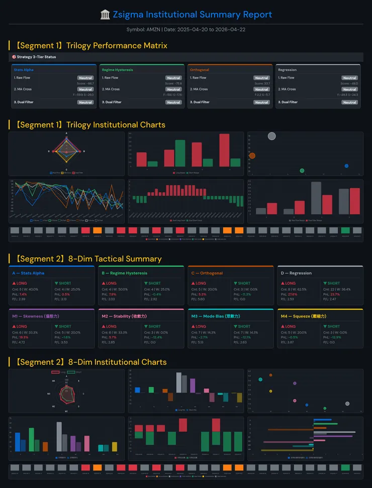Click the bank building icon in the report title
click(105, 15)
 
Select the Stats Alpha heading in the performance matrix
click(24, 70)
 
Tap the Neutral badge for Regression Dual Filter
click(349, 102)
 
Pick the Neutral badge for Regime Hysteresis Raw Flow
click(173, 78)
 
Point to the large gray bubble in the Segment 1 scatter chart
click(272, 136)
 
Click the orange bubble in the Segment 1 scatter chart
click(252, 156)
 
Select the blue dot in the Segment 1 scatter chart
click(346, 166)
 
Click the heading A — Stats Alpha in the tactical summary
click(28, 273)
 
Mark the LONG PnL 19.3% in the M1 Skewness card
click(23, 337)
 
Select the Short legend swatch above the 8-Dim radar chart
click(71, 372)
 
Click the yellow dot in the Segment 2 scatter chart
click(270, 391)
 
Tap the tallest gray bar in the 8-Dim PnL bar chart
click(178, 382)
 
